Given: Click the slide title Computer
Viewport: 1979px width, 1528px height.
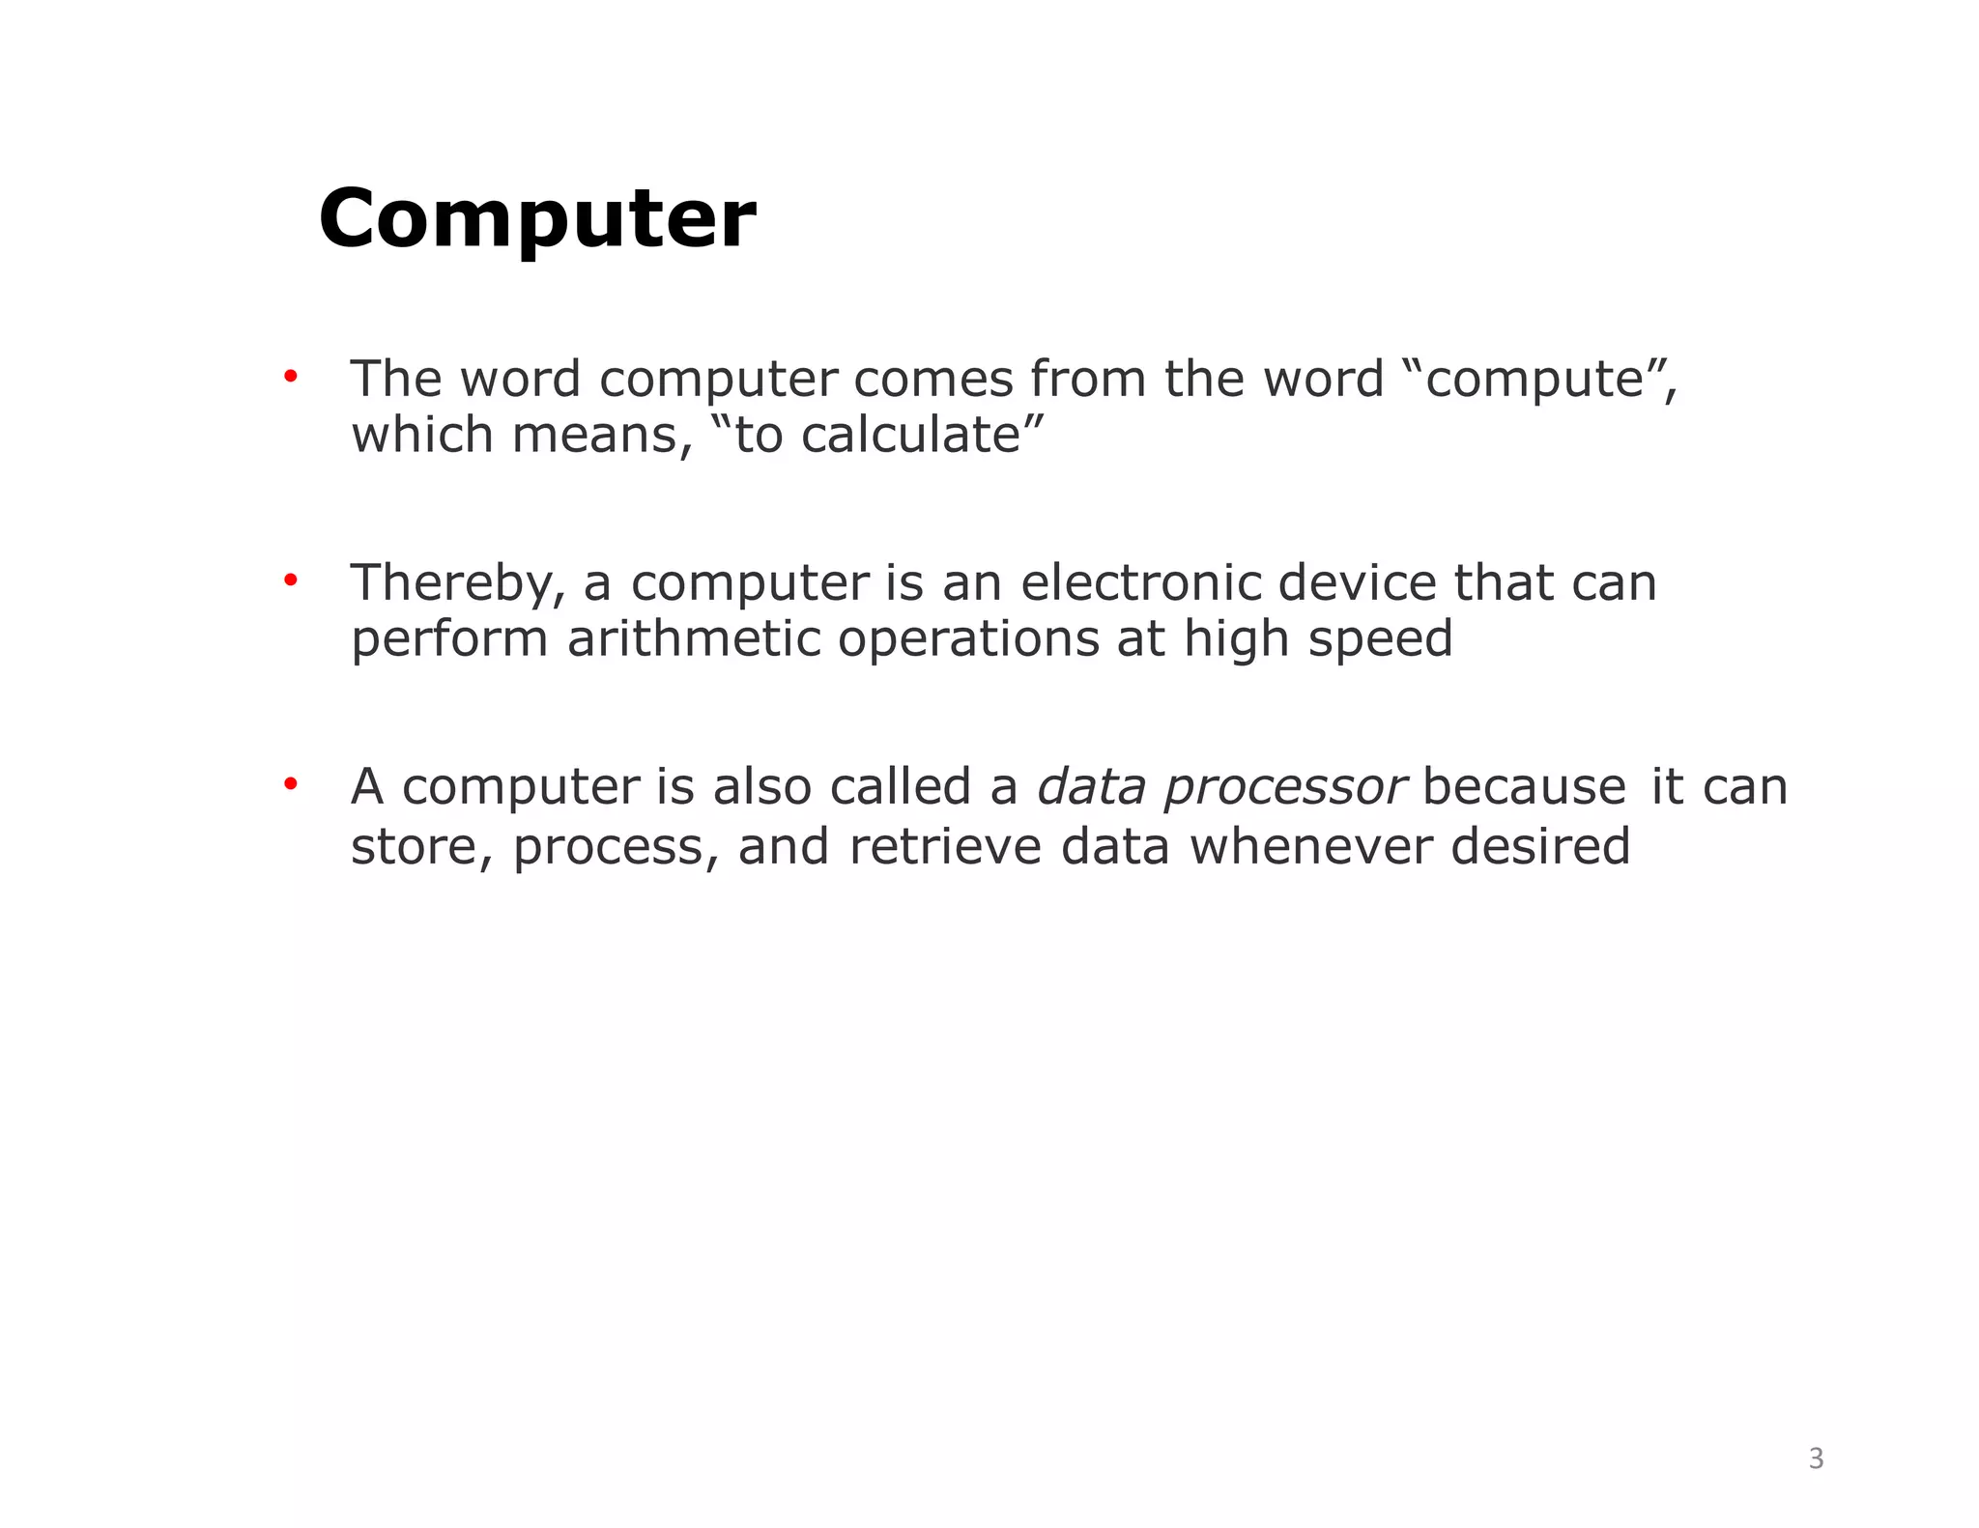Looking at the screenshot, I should pos(536,218).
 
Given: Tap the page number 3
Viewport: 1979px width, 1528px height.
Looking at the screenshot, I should pos(1816,1457).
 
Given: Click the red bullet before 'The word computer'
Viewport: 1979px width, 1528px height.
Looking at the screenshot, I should pos(290,376).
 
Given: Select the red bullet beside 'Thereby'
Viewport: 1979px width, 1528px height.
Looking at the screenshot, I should pos(290,580).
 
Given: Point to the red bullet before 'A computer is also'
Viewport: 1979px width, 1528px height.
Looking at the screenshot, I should pos(290,784).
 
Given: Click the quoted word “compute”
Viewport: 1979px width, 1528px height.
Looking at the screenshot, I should pos(1535,379).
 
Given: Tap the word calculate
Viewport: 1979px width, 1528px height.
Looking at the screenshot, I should pos(910,435).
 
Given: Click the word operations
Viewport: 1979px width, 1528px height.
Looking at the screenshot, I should pos(968,640).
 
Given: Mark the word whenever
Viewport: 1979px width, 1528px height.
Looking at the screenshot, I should pos(1310,846).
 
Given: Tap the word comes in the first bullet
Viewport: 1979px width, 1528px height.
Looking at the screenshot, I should pos(932,379).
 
